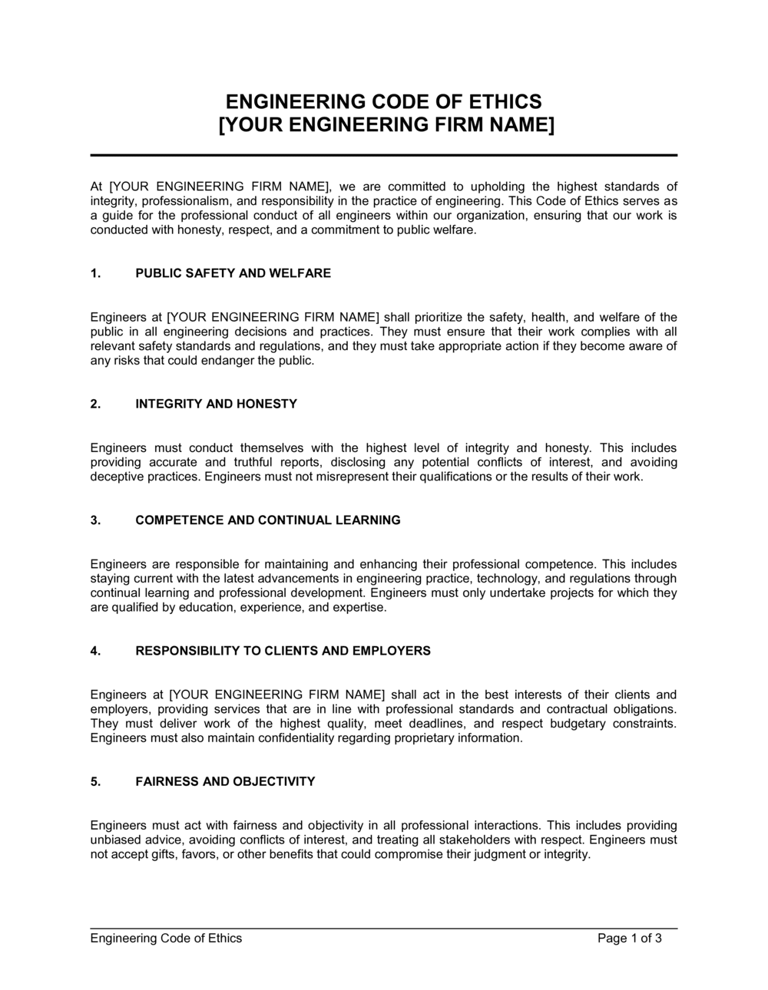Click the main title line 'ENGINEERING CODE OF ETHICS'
pos(383,102)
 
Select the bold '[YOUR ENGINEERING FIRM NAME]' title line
pos(383,125)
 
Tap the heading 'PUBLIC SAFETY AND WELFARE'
pos(233,273)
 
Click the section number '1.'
pos(95,273)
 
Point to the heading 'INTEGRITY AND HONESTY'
pos(216,404)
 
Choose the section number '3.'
pos(95,520)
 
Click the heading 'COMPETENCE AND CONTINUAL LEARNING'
pos(267,520)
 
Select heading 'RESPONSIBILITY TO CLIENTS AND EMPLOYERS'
pos(283,651)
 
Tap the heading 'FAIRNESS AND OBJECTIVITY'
pos(225,781)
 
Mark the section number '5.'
pos(95,781)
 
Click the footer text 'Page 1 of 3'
pos(629,938)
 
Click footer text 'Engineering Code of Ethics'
pos(166,938)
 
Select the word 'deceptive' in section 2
pos(116,477)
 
